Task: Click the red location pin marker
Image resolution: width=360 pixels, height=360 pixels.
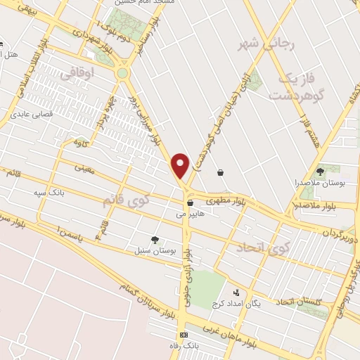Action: click(x=181, y=165)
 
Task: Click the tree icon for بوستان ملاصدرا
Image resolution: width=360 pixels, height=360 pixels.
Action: click(x=320, y=170)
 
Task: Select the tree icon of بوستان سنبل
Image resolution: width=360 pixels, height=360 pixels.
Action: click(x=155, y=239)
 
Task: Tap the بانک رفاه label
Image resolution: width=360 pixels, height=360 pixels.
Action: click(x=184, y=345)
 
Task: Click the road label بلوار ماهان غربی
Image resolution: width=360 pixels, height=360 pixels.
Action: click(x=229, y=333)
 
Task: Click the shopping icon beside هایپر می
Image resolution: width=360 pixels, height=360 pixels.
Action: click(x=189, y=202)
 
